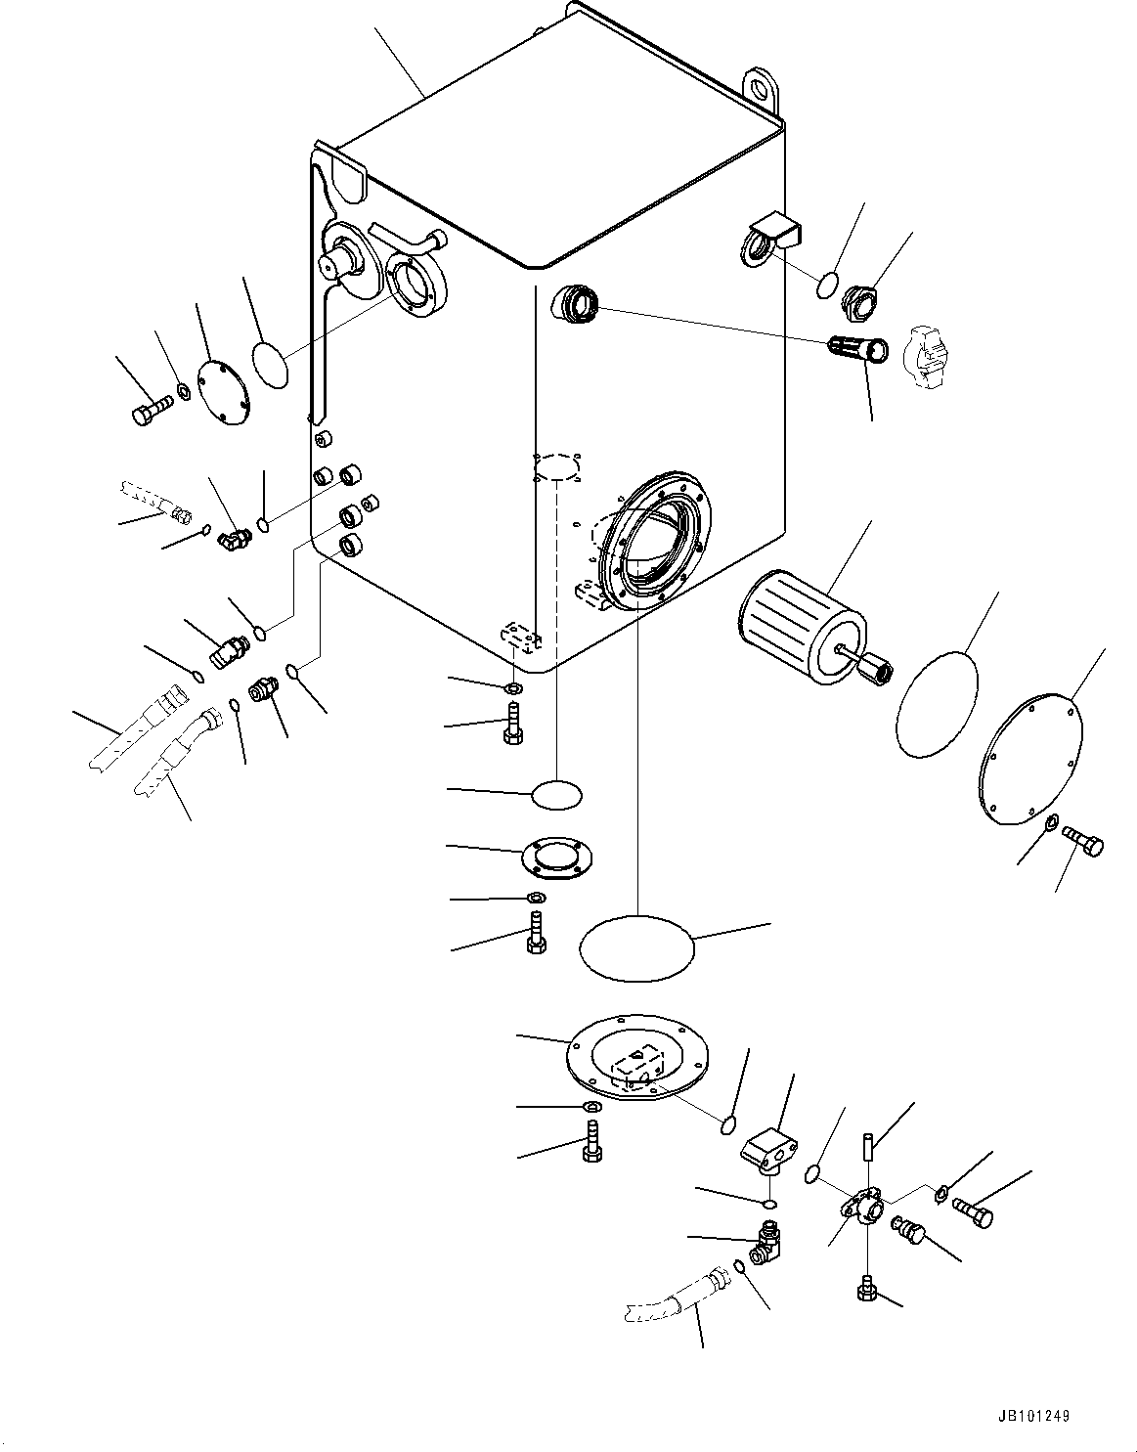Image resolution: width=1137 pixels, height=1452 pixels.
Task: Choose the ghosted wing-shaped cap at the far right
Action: point(932,358)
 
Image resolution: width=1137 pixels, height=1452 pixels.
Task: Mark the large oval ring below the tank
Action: point(636,947)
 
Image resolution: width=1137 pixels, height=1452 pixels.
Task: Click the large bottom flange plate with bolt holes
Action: point(639,1064)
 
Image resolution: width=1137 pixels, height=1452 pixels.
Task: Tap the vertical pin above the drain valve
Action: point(868,1145)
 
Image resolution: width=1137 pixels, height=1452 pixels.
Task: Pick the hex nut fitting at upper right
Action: point(860,300)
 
